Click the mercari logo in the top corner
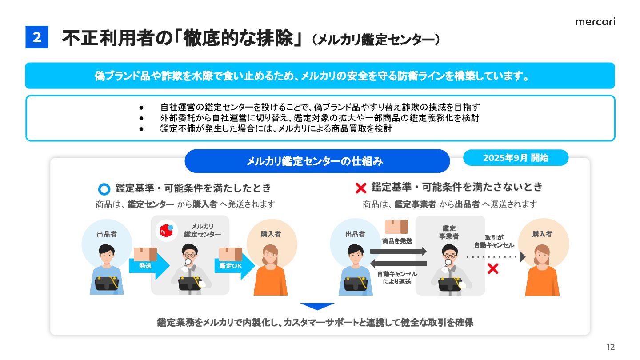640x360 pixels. click(595, 22)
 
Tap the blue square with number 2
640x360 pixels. click(37, 38)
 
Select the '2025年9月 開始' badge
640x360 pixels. click(516, 158)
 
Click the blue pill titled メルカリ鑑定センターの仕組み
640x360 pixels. click(317, 161)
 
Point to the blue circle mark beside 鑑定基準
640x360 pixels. click(104, 189)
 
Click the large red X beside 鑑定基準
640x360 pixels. click(361, 188)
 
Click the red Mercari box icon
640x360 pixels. click(166, 230)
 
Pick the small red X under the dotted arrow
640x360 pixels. click(492, 268)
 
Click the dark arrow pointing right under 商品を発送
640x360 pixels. click(398, 252)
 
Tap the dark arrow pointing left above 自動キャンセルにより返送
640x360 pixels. click(398, 264)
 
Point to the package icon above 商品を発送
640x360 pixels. click(396, 227)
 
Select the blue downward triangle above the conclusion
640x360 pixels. click(317, 306)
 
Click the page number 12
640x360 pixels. click(611, 347)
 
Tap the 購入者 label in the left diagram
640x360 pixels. click(271, 234)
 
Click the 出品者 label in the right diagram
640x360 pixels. click(355, 234)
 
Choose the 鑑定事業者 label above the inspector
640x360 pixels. click(449, 232)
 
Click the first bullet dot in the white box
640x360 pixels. click(141, 108)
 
